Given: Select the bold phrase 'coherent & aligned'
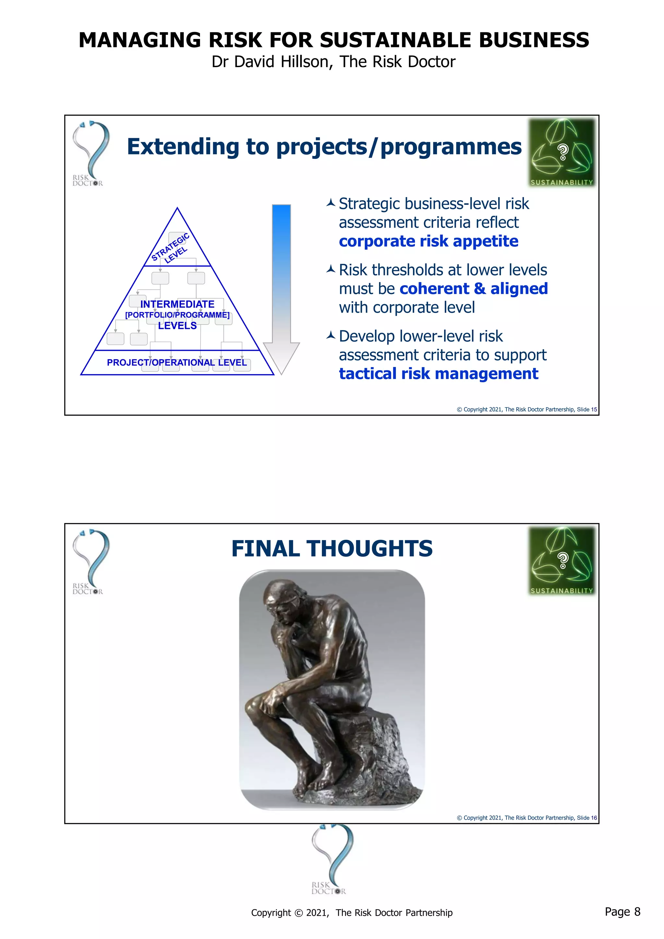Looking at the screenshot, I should [x=473, y=289].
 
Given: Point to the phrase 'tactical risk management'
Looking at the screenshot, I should [x=438, y=374].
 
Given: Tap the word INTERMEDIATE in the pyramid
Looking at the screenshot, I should [x=177, y=304].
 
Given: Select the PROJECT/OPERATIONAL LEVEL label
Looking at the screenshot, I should [x=177, y=363].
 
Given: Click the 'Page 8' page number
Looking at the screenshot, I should [x=622, y=911].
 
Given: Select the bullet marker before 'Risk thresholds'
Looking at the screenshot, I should [x=331, y=269].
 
